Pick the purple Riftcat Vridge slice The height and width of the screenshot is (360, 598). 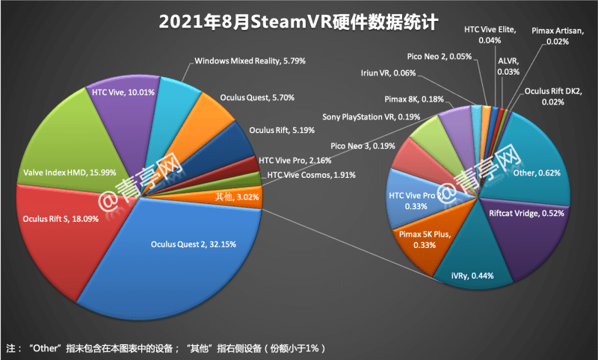pos(523,232)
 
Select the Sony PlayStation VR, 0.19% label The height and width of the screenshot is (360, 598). pos(371,117)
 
